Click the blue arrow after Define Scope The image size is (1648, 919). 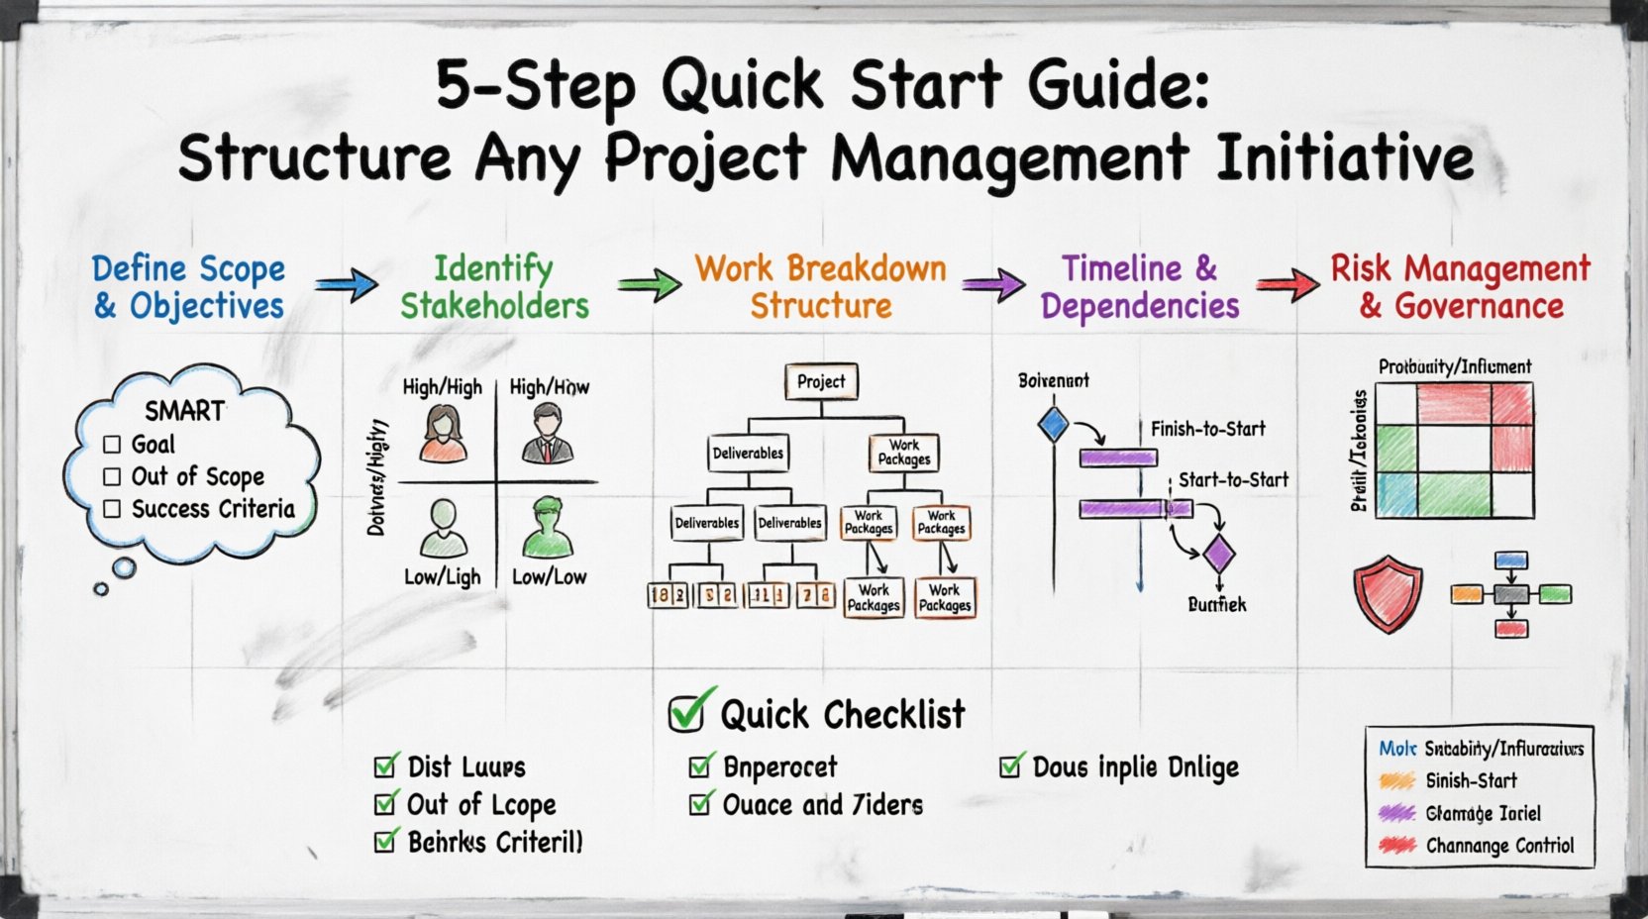pyautogui.click(x=346, y=285)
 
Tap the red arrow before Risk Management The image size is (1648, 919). pyautogui.click(x=1287, y=285)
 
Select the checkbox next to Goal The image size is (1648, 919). pyautogui.click(x=112, y=445)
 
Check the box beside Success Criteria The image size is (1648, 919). pyautogui.click(x=112, y=509)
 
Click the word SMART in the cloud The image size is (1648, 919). pyautogui.click(x=184, y=410)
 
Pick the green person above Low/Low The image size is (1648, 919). pyautogui.click(x=547, y=529)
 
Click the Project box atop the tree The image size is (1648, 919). pyautogui.click(x=821, y=381)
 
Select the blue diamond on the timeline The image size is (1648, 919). pyautogui.click(x=1053, y=424)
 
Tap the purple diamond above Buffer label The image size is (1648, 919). pyautogui.click(x=1218, y=555)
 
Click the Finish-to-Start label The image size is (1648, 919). pyautogui.click(x=1207, y=429)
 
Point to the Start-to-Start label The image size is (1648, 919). pyautogui.click(x=1233, y=480)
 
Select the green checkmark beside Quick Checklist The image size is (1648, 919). pyautogui.click(x=689, y=711)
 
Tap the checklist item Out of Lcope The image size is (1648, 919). pyautogui.click(x=481, y=804)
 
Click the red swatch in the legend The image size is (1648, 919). pyautogui.click(x=1396, y=846)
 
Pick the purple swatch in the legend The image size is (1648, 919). pyautogui.click(x=1396, y=813)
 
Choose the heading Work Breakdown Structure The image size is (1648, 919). pyautogui.click(x=820, y=286)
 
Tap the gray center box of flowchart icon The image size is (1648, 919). pyautogui.click(x=1510, y=595)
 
